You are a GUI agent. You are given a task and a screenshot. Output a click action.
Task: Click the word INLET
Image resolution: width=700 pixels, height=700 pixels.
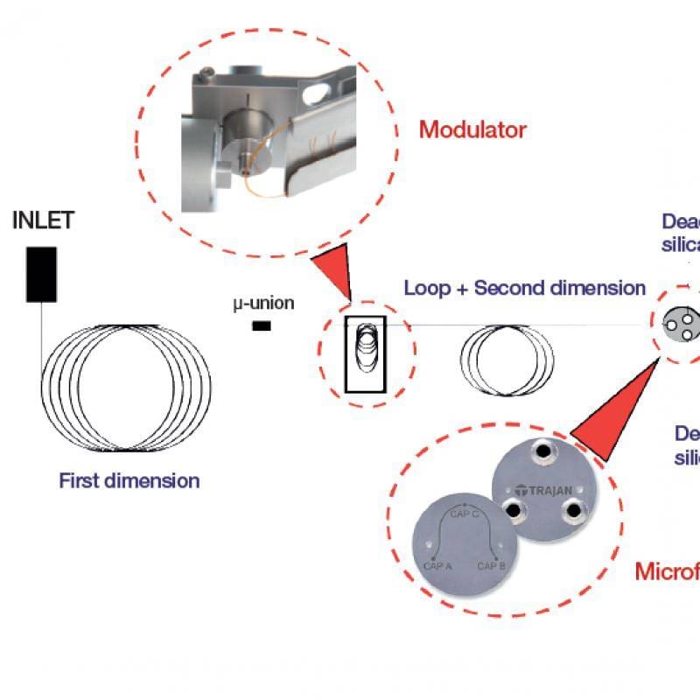pos(43,220)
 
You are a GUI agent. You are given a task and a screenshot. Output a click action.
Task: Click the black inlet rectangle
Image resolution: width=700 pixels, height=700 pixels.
pos(41,274)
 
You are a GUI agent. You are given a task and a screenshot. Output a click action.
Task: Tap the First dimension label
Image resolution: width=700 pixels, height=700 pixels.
pos(129,480)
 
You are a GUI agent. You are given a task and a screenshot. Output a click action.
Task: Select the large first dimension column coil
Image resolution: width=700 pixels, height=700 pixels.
pos(127,386)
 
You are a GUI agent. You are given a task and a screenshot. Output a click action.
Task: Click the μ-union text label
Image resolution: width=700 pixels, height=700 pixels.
pos(262,304)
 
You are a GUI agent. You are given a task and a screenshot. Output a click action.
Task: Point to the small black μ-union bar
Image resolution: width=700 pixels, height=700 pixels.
pos(261,326)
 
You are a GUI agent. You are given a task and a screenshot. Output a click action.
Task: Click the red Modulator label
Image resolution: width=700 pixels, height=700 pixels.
pos(472,130)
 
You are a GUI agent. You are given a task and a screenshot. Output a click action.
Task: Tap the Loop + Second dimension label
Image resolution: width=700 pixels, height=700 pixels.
pos(525,288)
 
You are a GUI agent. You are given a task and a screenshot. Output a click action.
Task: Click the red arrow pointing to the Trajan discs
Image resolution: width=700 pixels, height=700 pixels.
pos(612,411)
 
